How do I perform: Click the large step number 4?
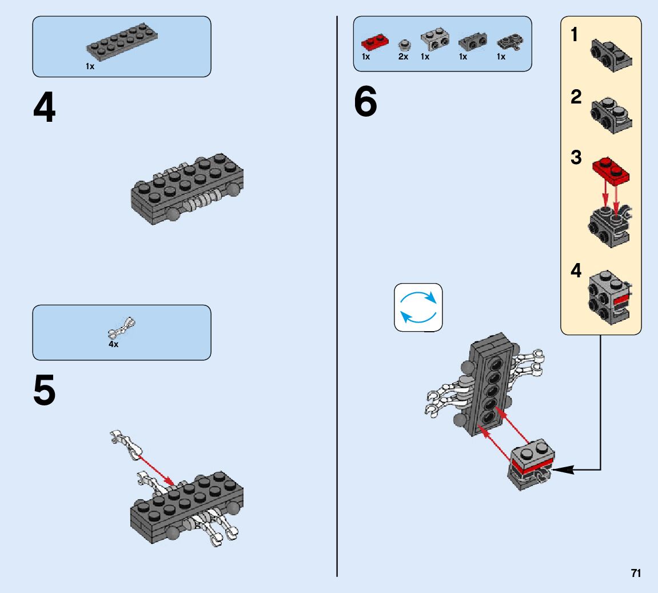pyautogui.click(x=44, y=109)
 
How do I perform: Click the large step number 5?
pyautogui.click(x=44, y=392)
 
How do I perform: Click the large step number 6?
pyautogui.click(x=365, y=103)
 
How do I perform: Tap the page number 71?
pyautogui.click(x=636, y=574)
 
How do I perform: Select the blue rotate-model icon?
pyautogui.click(x=418, y=307)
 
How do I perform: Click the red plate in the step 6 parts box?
pyautogui.click(x=375, y=42)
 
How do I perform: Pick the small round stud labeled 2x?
pyautogui.click(x=404, y=43)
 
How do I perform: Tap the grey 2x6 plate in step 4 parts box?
pyautogui.click(x=122, y=43)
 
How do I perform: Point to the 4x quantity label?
pyautogui.click(x=114, y=345)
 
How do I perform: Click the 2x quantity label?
pyautogui.click(x=403, y=57)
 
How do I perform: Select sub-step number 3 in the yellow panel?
pyautogui.click(x=576, y=158)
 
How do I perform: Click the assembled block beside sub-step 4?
pyautogui.click(x=608, y=297)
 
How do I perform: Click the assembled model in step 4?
pyautogui.click(x=188, y=189)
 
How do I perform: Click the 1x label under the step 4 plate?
pyautogui.click(x=90, y=66)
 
